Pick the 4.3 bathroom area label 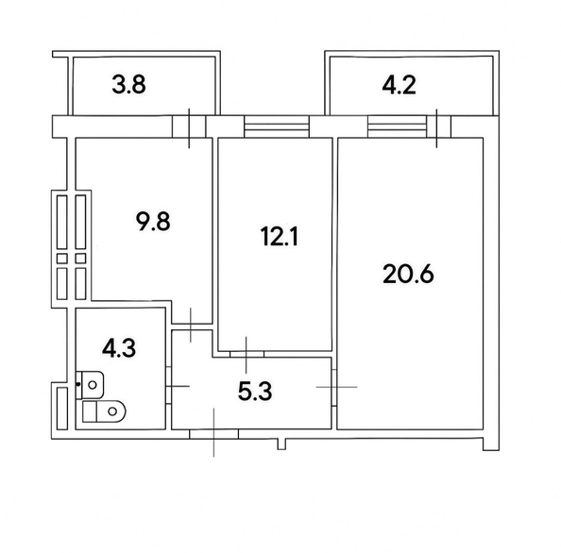[x=118, y=349]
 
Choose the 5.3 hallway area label [x=256, y=391]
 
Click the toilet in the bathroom [x=103, y=411]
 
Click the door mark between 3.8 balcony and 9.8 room [x=191, y=127]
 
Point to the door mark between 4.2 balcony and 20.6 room [x=437, y=127]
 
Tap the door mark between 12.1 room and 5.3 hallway [x=245, y=353]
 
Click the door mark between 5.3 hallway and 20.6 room [x=336, y=387]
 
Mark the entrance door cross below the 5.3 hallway [x=215, y=432]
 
